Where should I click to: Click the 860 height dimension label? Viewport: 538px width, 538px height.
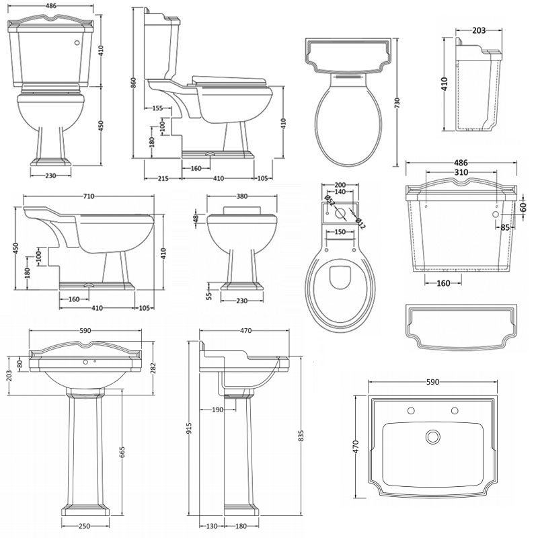[x=134, y=82]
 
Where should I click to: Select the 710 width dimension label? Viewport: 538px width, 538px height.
[x=89, y=196]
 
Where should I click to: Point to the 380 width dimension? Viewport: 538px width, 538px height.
[x=242, y=196]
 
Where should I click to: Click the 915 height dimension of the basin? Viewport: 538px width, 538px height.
[x=189, y=428]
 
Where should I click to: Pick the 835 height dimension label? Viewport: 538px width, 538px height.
[x=301, y=436]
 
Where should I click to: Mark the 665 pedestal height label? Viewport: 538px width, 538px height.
[x=122, y=452]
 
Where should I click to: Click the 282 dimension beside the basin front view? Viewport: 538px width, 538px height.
[x=153, y=368]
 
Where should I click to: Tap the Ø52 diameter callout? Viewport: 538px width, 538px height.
[x=330, y=200]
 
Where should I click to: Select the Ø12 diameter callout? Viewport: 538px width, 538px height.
[x=360, y=223]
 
